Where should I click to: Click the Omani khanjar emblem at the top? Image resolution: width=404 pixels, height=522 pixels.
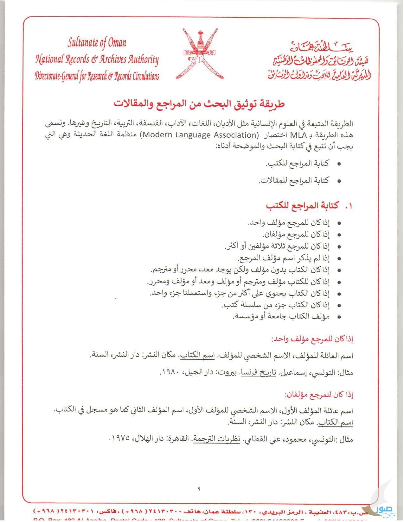[199, 54]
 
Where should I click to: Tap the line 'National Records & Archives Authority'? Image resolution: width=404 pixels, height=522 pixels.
[97, 59]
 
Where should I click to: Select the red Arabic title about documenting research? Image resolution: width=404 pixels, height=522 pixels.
[199, 103]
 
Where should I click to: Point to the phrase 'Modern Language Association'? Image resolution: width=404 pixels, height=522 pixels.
[200, 135]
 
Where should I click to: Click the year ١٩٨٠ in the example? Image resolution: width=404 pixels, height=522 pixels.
[170, 372]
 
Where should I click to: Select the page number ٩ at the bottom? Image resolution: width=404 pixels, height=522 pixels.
[199, 488]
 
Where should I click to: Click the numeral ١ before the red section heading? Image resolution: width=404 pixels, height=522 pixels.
[349, 206]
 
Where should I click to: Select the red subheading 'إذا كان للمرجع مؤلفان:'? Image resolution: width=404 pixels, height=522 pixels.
[319, 395]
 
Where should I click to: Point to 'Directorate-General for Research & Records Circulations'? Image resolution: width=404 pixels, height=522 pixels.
[97, 76]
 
